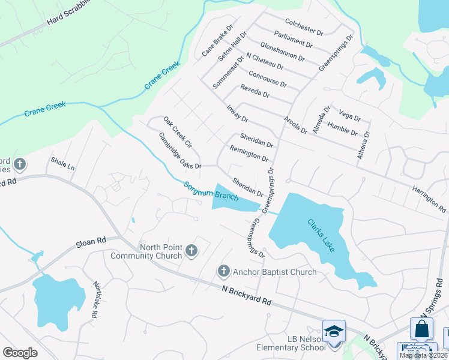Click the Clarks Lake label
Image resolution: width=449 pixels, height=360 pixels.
pos(324,236)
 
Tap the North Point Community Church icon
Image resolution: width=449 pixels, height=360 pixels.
pos(191,251)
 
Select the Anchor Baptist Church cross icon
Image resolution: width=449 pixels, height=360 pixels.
pos(224,272)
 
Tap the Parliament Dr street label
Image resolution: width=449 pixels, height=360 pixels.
pos(293,40)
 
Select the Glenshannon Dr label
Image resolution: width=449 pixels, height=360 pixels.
pos(282,52)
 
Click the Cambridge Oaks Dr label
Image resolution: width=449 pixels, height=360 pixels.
pos(179,150)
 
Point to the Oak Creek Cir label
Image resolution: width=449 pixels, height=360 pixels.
pos(178,133)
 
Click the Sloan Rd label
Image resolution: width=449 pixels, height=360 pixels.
pos(91,242)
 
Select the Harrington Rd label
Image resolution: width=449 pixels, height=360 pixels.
pos(429,199)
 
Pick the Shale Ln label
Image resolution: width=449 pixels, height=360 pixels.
pos(62,164)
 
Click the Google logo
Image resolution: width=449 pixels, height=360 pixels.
pos(20,352)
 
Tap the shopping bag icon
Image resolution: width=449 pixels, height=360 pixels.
pos(421,329)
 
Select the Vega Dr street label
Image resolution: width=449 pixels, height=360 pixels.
pos(349,115)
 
